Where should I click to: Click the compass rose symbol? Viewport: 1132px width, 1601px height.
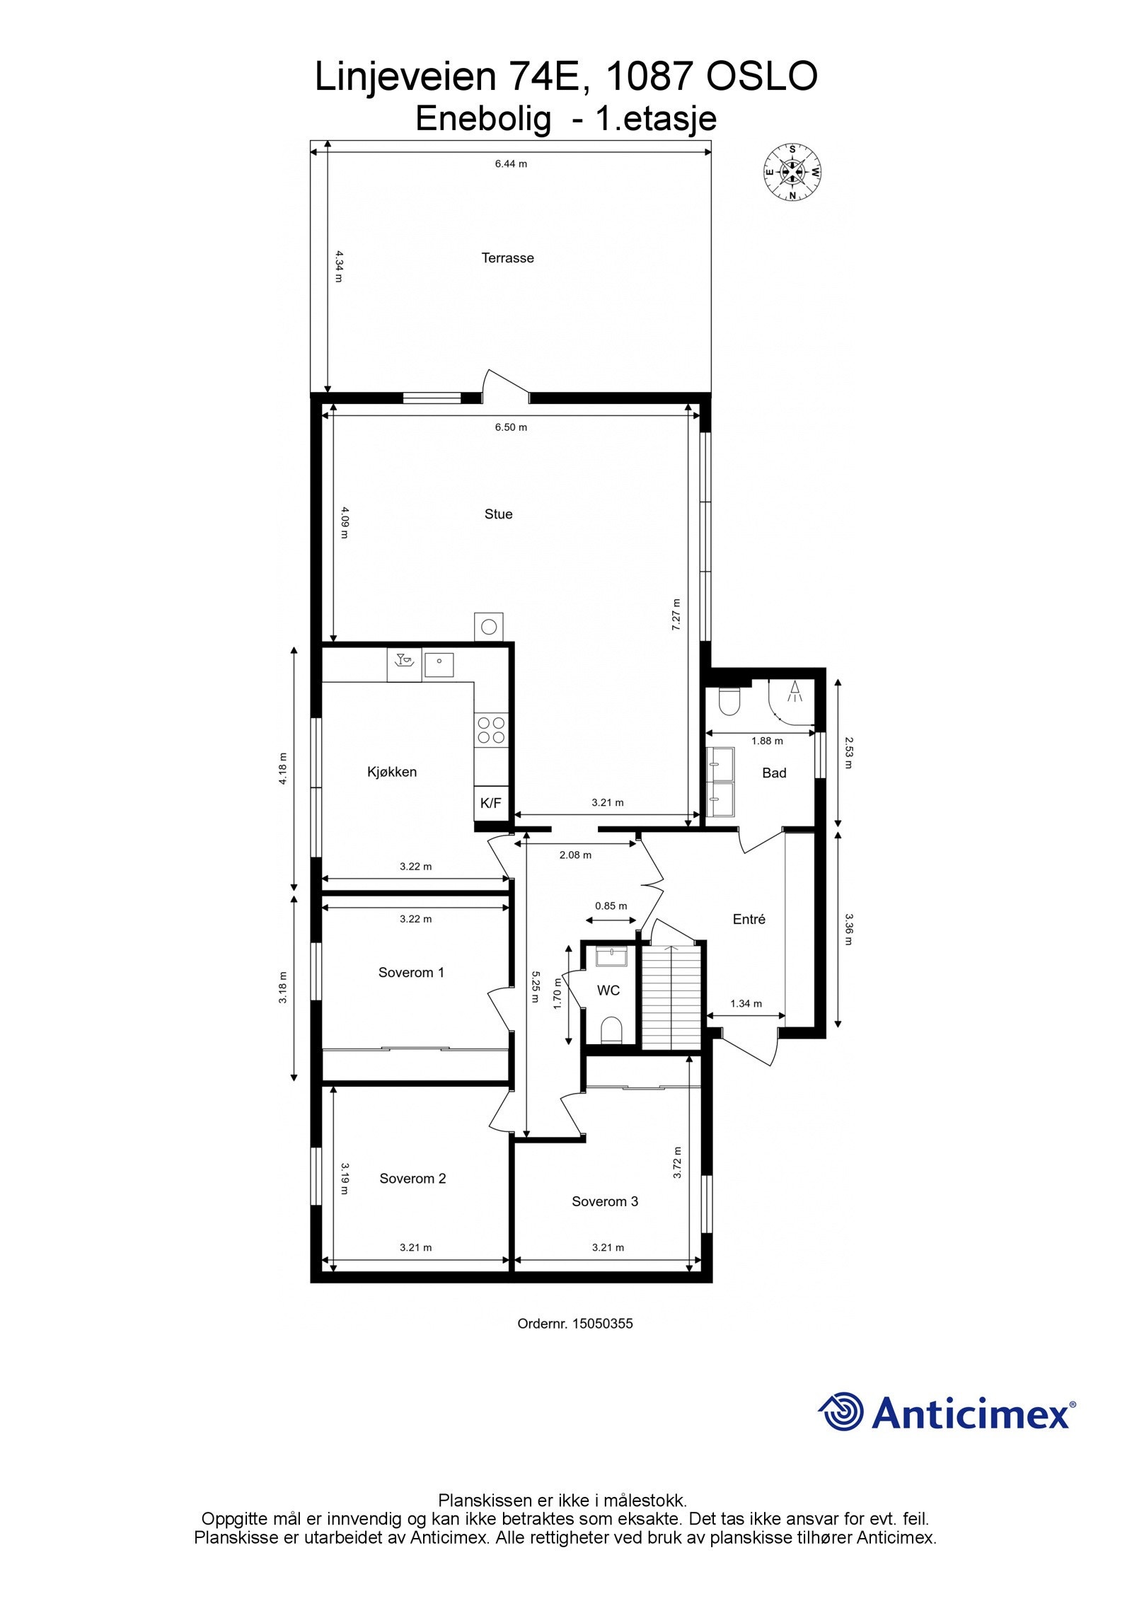click(792, 171)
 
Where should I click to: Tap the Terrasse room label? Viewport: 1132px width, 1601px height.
click(507, 258)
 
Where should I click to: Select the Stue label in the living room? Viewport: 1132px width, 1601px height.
click(498, 514)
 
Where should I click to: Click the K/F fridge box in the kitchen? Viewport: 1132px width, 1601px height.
click(490, 803)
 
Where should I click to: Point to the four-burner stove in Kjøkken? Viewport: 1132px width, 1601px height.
click(491, 730)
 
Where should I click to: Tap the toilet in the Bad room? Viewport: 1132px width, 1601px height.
click(728, 702)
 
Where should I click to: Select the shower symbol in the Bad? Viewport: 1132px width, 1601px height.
click(795, 691)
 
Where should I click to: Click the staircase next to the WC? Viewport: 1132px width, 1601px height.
click(671, 995)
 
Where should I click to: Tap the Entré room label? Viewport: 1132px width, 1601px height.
click(749, 919)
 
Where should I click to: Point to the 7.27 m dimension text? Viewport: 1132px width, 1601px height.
click(676, 614)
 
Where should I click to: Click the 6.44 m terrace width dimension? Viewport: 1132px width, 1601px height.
click(510, 163)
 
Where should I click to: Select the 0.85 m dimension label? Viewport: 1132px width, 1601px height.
click(611, 906)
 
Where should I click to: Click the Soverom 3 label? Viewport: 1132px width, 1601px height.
click(605, 1201)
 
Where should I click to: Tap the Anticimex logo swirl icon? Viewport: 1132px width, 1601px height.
click(841, 1411)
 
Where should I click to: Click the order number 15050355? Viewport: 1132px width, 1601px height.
click(602, 1323)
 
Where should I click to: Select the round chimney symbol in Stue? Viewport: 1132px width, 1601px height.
click(488, 626)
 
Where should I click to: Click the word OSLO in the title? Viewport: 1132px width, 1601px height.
click(762, 76)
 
